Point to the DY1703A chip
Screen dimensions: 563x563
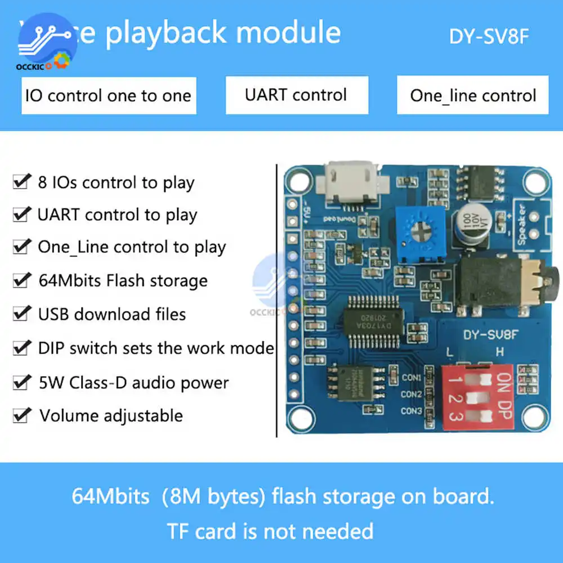(372, 321)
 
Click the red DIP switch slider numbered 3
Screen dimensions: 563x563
(477, 418)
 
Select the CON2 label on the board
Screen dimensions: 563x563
(412, 394)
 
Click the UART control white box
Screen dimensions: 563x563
(297, 95)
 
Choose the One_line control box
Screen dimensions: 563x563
(473, 96)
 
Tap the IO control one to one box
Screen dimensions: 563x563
(109, 96)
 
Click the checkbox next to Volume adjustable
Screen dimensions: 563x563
(22, 416)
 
